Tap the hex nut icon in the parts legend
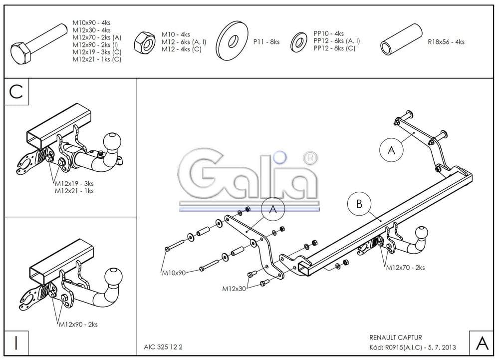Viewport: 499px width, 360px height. pyautogui.click(x=145, y=42)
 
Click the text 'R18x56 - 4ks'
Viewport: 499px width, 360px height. pyautogui.click(x=446, y=42)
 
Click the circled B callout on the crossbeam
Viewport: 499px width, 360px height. pyautogui.click(x=359, y=203)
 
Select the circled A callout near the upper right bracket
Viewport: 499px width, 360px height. pyautogui.click(x=391, y=149)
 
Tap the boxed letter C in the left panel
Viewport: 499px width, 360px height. pyautogui.click(x=16, y=92)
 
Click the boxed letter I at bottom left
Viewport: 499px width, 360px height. pyautogui.click(x=16, y=343)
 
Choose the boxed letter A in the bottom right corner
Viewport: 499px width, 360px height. pyautogui.click(x=482, y=343)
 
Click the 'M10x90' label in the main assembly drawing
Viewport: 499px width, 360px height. pyautogui.click(x=173, y=273)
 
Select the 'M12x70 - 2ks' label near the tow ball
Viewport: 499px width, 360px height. pyautogui.click(x=405, y=268)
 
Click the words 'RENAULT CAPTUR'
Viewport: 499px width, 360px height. pyautogui.click(x=395, y=338)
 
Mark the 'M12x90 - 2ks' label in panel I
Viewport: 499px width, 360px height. pyautogui.click(x=78, y=325)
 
